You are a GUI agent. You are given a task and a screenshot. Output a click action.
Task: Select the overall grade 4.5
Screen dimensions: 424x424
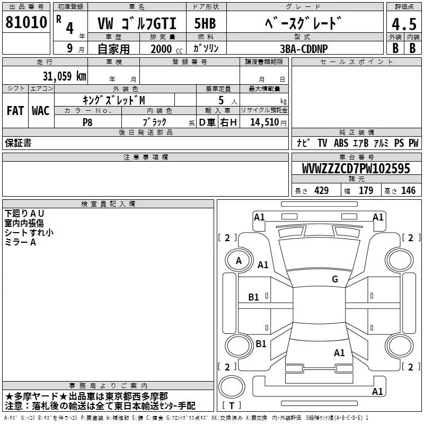[403, 24]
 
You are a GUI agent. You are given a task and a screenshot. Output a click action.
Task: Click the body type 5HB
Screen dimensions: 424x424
[205, 24]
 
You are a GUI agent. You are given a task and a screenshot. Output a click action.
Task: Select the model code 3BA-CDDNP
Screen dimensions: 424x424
[304, 48]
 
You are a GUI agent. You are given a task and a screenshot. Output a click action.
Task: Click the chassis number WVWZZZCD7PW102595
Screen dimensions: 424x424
[356, 169]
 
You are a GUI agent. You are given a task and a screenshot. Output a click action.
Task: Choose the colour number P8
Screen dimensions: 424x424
[87, 122]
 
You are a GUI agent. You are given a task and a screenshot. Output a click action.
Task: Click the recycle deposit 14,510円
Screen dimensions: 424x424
[267, 122]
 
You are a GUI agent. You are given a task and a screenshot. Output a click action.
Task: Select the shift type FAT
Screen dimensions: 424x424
[15, 111]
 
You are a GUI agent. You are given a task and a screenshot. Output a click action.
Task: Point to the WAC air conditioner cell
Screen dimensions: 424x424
[40, 111]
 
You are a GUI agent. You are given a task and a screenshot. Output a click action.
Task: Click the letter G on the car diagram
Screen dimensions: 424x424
[334, 279]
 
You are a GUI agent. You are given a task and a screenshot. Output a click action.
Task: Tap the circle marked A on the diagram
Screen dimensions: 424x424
[238, 260]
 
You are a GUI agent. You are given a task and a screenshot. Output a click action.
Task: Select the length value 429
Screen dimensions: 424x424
[320, 190]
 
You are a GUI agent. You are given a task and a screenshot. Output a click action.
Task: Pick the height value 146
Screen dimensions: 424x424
[408, 190]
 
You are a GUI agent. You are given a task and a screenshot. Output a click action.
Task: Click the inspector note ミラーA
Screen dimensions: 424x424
[21, 242]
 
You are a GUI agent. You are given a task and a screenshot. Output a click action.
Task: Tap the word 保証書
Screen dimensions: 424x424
[18, 143]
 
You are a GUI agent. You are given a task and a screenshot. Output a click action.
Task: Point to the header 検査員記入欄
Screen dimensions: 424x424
[108, 204]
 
